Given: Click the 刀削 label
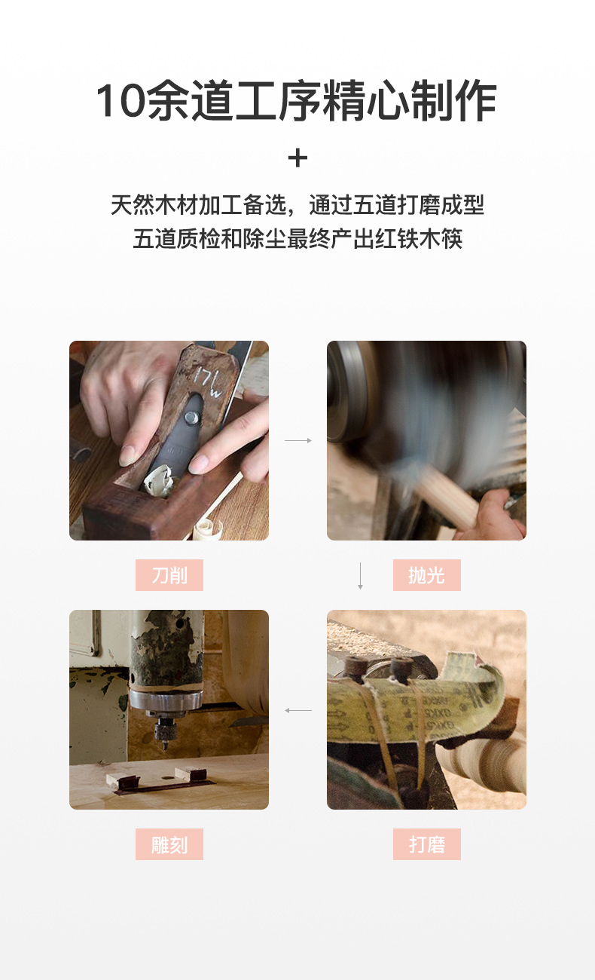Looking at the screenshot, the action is (x=169, y=575).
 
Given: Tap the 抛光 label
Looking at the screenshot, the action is (x=427, y=575).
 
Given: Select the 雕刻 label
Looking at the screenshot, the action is (x=169, y=844).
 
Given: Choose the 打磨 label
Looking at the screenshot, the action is (x=427, y=844).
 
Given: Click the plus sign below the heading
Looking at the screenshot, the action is (x=297, y=158).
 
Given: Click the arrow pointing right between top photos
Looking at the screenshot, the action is (x=298, y=440).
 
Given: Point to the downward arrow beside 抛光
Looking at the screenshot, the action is (x=360, y=576).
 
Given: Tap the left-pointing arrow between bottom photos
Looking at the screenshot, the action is (x=298, y=710).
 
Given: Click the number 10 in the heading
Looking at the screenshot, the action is (x=120, y=100).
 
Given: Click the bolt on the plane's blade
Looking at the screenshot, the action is (x=191, y=418).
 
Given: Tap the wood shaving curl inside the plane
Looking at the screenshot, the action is (x=159, y=479).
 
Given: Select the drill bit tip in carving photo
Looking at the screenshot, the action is (x=165, y=746).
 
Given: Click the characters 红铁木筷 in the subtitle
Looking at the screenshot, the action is (x=419, y=239).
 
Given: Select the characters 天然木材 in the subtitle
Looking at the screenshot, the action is (x=154, y=205).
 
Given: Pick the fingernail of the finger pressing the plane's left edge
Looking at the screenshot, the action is (x=127, y=455).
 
